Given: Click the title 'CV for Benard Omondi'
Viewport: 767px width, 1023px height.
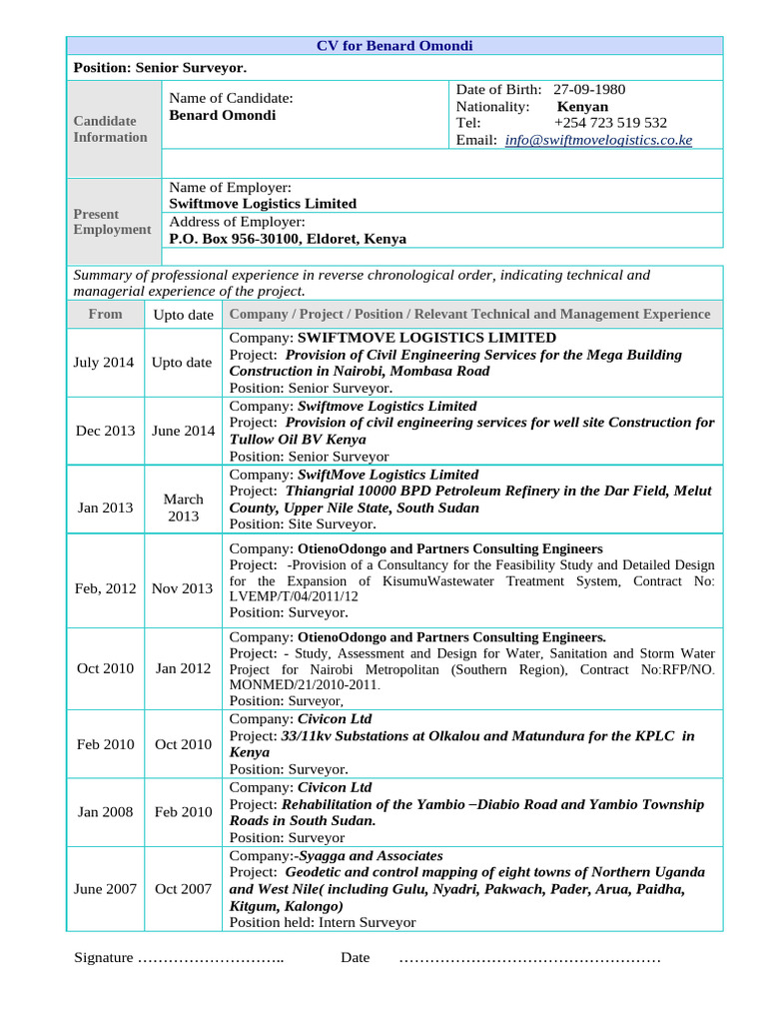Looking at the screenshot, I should [x=394, y=46].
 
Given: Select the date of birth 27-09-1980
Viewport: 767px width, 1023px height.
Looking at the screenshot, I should [x=589, y=90].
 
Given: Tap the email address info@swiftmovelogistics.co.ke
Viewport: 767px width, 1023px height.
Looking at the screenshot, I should [x=598, y=141].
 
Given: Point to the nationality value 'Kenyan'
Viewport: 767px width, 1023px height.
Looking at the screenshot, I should [x=582, y=107].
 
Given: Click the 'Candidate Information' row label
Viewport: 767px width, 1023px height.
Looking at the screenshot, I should [x=110, y=129].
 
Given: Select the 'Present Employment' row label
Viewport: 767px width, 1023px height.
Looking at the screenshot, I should [x=112, y=222].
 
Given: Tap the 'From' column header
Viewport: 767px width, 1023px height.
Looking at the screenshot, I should [x=106, y=314].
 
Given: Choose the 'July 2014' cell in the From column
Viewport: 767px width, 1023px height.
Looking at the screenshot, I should [x=104, y=363].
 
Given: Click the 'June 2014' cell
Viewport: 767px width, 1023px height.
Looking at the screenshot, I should [x=183, y=431].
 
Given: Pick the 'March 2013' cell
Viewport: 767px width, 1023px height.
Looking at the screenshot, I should [x=183, y=508].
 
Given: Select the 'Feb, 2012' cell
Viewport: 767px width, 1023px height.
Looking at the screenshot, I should [x=105, y=588].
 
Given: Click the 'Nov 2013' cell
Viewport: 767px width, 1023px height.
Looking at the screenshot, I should [x=182, y=588].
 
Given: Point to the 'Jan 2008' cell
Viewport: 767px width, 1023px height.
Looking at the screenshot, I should [x=105, y=812].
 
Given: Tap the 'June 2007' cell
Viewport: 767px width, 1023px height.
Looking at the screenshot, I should [x=105, y=889].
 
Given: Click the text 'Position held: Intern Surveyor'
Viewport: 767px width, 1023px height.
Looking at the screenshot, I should [x=323, y=923].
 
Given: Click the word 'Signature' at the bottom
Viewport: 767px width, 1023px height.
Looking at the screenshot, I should [x=104, y=958].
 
